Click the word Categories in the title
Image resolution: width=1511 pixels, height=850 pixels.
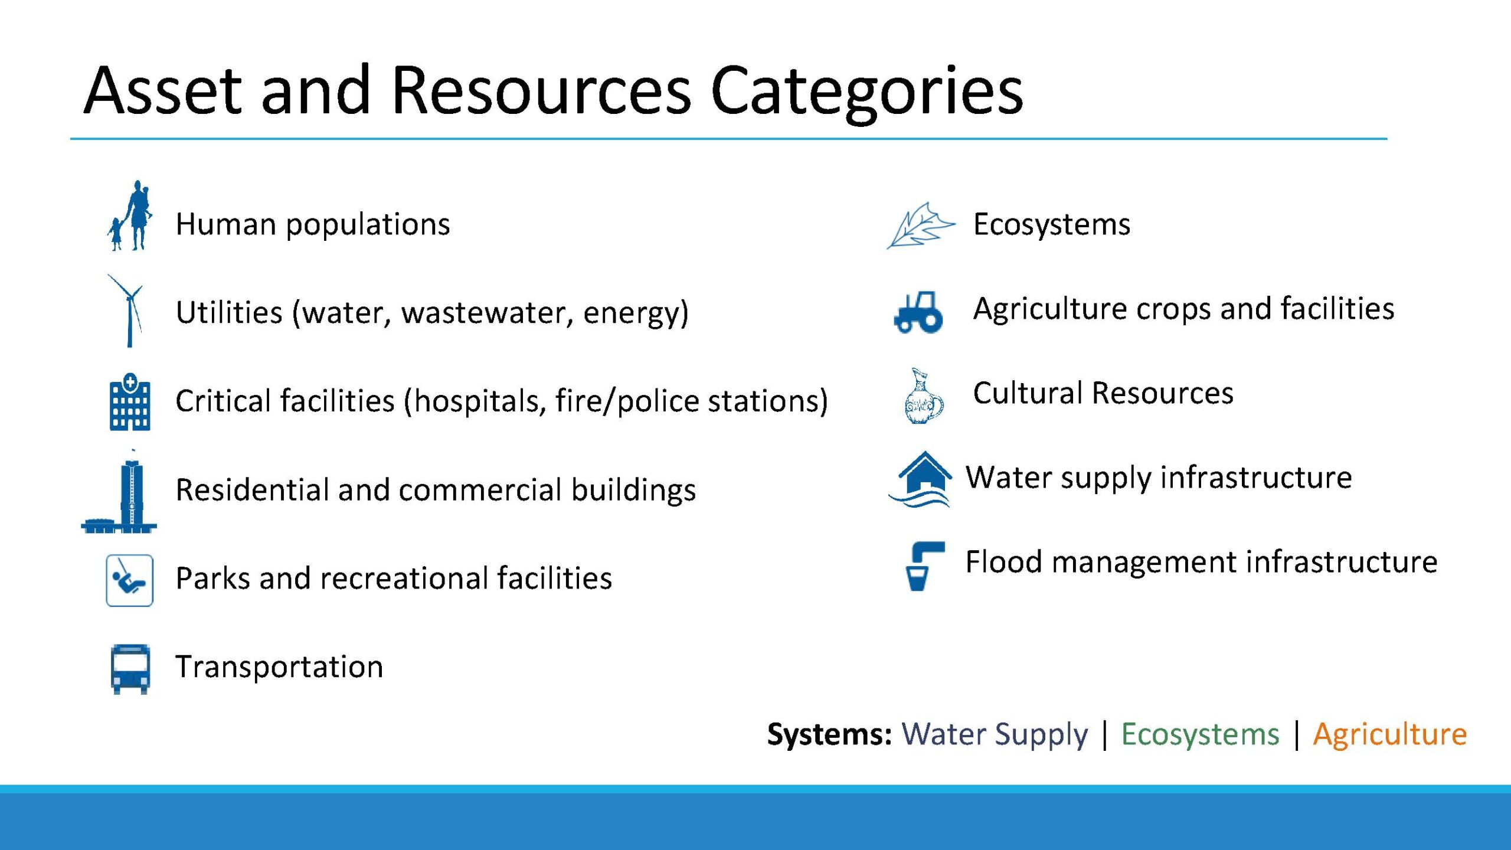[x=867, y=91]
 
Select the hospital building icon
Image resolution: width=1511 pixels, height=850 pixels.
[x=130, y=401]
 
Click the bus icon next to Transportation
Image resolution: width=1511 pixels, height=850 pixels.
[x=130, y=669]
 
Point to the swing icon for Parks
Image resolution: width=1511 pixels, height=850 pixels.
[x=129, y=580]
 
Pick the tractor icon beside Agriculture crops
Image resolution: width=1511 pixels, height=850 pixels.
[x=918, y=312]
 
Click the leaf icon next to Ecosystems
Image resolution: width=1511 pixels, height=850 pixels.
[x=920, y=225]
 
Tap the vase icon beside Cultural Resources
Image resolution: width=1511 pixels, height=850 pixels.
[x=924, y=396]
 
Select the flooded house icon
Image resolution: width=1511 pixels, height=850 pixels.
[x=921, y=479]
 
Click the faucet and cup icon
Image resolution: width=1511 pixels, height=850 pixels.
[x=924, y=565]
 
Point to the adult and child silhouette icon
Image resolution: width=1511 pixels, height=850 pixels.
[x=130, y=215]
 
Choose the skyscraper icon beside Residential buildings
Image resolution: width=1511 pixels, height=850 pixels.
[x=120, y=491]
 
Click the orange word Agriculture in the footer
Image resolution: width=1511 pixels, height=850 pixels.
[x=1390, y=735]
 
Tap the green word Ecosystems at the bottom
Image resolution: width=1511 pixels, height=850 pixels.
[x=1200, y=734]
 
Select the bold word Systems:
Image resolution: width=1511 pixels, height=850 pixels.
[x=829, y=735]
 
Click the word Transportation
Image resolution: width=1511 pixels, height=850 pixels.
[x=279, y=667]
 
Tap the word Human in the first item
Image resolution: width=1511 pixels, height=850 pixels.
[x=226, y=224]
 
